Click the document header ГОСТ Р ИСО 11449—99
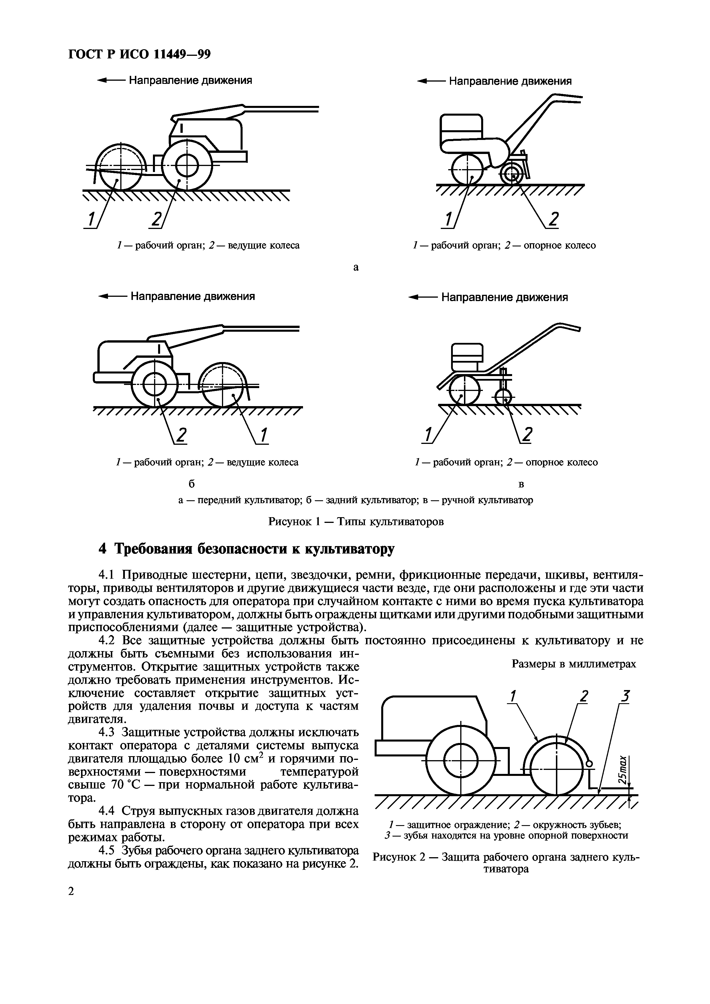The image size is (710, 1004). click(x=139, y=54)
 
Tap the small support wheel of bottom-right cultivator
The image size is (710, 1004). click(x=504, y=398)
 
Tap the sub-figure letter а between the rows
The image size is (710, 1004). click(x=356, y=267)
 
